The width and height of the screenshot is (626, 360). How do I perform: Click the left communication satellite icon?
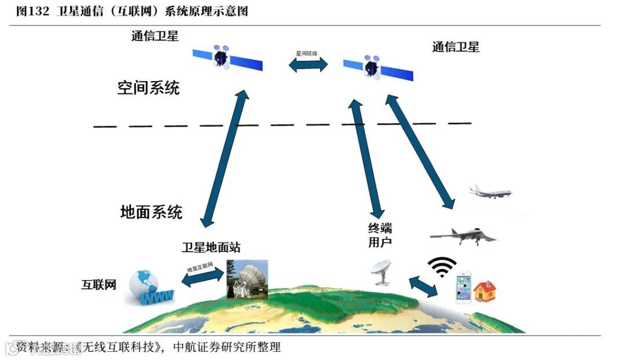pyautogui.click(x=227, y=58)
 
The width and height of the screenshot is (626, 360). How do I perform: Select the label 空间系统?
pyautogui.click(x=148, y=88)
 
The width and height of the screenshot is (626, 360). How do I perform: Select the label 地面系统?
pyautogui.click(x=151, y=212)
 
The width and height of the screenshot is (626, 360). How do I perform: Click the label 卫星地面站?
pyautogui.click(x=211, y=248)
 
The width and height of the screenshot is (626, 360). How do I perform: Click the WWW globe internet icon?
pyautogui.click(x=150, y=288)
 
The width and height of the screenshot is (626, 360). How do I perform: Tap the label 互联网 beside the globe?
pyautogui.click(x=99, y=285)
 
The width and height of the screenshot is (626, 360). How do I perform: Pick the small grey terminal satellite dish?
pyautogui.click(x=383, y=271)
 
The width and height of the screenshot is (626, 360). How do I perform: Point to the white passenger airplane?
pyautogui.click(x=490, y=192)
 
